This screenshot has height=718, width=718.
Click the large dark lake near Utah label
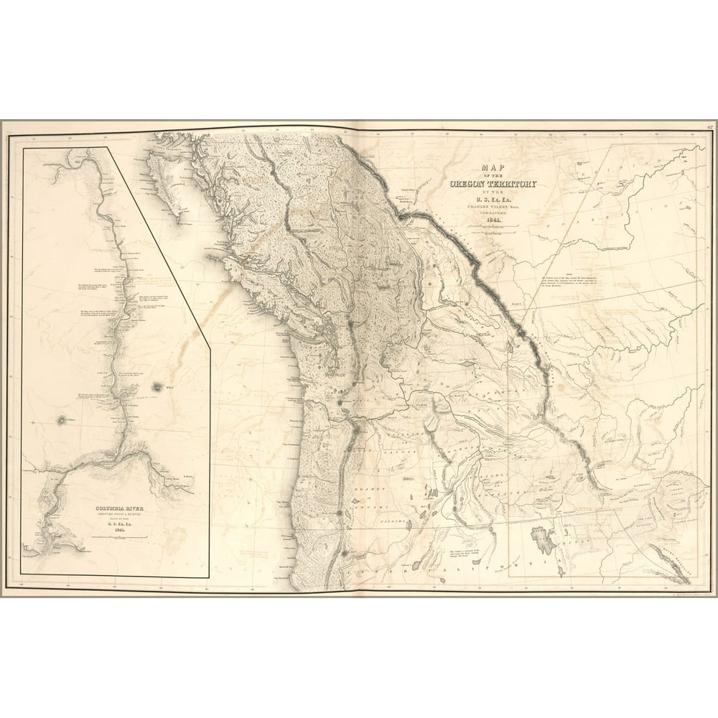click(x=543, y=539)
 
